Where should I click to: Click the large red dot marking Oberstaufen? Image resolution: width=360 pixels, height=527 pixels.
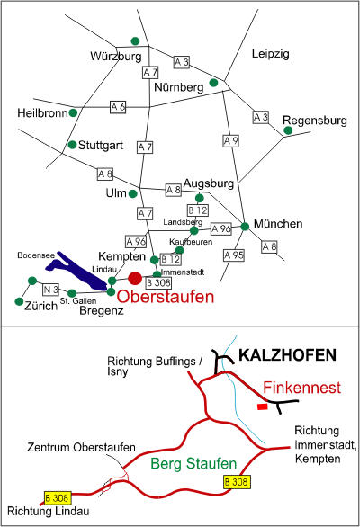[x=135, y=278]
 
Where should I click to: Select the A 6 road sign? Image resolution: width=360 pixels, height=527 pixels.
[x=118, y=107]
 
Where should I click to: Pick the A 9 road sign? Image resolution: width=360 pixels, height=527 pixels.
[x=231, y=141]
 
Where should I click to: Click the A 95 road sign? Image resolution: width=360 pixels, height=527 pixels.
[x=234, y=255]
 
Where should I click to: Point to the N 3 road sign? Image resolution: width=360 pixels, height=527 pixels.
[x=50, y=290]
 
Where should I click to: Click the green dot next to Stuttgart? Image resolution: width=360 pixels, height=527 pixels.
[x=72, y=145]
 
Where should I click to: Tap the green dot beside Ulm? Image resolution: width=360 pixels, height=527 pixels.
[x=133, y=193]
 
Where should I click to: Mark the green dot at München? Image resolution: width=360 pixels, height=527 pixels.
[x=245, y=227]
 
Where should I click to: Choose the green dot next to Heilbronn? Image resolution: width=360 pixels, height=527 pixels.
[x=73, y=113]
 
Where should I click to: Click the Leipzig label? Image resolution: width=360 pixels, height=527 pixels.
[x=271, y=54]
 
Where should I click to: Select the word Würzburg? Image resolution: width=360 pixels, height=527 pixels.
[x=116, y=56]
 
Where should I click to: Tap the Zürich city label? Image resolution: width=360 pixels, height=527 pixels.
[x=41, y=306]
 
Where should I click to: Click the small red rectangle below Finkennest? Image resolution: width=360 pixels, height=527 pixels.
[x=263, y=407]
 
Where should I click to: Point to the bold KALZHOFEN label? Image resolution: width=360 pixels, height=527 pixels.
[x=288, y=355]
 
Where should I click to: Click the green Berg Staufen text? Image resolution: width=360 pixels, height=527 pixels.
[x=193, y=463]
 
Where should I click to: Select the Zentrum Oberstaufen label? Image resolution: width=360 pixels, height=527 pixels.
[x=81, y=447]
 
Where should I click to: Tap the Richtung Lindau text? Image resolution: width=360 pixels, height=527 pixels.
[x=49, y=511]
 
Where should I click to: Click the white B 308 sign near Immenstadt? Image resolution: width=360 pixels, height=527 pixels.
[x=158, y=282]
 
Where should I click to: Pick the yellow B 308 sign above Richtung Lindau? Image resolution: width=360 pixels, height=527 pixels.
[x=58, y=497]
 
